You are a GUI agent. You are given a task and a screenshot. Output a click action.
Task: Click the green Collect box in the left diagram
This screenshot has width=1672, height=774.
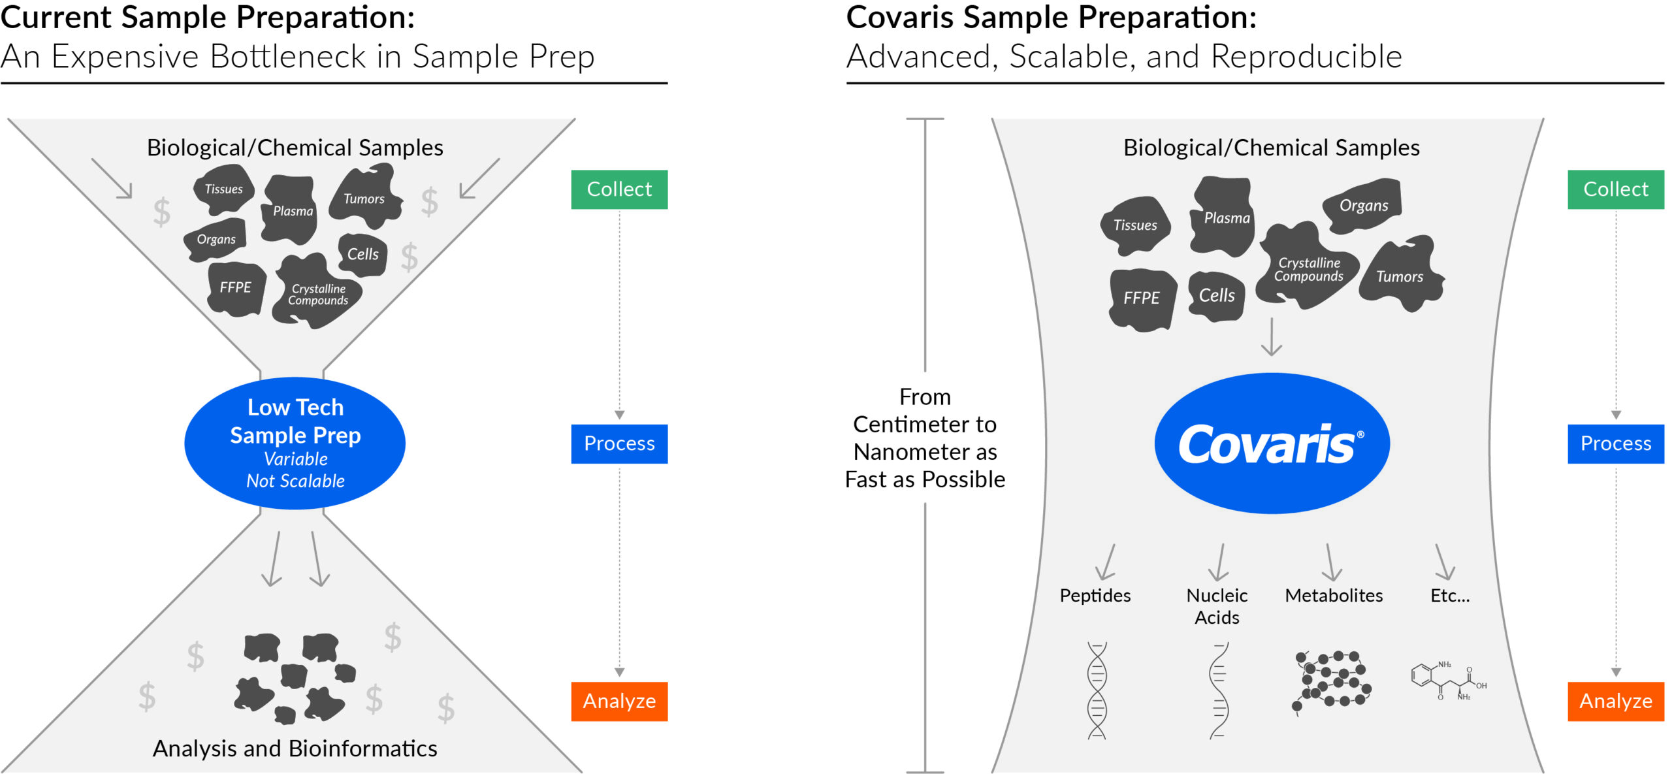tap(619, 189)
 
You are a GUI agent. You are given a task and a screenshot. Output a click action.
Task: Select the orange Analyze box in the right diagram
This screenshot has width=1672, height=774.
tap(1616, 701)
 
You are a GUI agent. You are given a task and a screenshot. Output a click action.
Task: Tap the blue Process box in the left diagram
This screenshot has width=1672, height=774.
tap(619, 443)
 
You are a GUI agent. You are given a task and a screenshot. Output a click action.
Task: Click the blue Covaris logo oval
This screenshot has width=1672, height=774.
tap(1272, 443)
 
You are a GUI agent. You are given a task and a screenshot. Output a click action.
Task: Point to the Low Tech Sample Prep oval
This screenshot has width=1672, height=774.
tap(295, 443)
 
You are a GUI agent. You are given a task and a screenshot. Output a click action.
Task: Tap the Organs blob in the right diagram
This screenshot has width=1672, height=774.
tap(1364, 205)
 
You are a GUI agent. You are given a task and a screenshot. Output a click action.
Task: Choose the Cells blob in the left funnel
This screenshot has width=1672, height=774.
tap(362, 254)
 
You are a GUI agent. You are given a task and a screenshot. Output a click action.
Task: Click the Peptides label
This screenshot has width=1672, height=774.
tap(1095, 596)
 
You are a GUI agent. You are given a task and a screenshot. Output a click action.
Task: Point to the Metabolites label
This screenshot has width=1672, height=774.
tap(1334, 596)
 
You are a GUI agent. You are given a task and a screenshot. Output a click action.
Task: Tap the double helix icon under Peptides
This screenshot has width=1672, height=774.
tap(1097, 690)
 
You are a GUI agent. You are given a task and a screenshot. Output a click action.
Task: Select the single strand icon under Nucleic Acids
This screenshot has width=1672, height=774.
tap(1218, 690)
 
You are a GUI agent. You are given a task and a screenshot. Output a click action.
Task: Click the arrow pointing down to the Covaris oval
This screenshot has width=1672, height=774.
tap(1271, 338)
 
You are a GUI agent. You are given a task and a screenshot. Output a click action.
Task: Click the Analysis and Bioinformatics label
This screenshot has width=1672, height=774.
tap(295, 749)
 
